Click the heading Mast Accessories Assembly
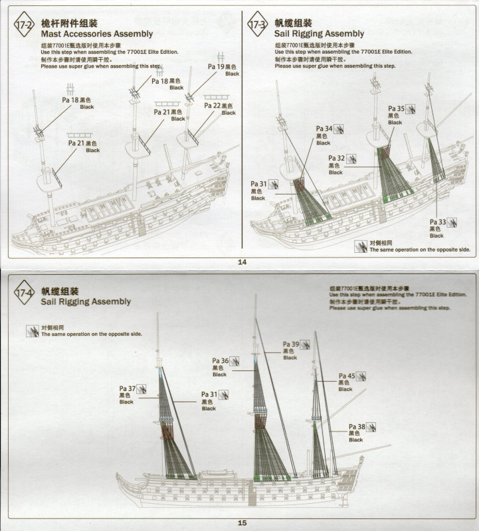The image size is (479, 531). point(97,33)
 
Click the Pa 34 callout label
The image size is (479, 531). point(324,129)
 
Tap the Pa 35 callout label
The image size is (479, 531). point(396,109)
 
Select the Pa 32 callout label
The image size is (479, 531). point(336,159)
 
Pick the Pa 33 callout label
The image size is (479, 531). point(437,222)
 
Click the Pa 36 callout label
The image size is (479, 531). point(221,361)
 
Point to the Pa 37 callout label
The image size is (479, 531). point(128,389)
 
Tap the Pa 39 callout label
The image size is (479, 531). point(291,344)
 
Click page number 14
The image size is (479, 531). point(242,262)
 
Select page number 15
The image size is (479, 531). point(242,523)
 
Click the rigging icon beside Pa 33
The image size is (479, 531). point(452,222)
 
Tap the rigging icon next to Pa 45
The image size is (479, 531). point(361,376)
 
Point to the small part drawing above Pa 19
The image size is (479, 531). point(221,57)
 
